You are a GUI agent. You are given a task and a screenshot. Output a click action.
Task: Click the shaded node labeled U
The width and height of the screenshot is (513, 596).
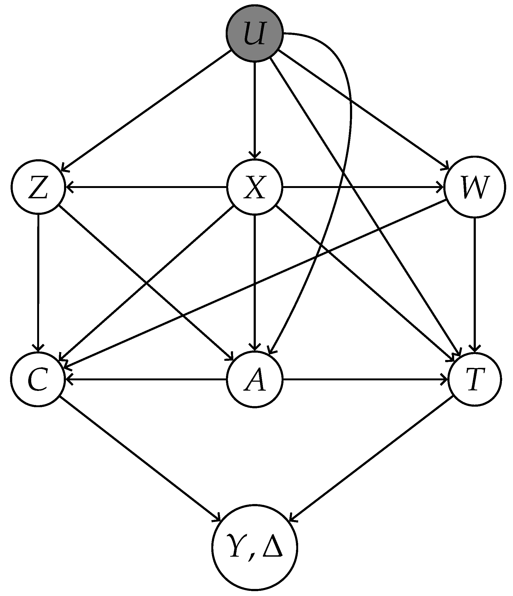coord(255,33)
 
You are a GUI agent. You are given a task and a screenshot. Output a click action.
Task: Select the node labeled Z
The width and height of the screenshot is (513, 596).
coord(38,187)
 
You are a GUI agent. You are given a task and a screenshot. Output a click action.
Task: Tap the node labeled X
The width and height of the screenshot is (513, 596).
coord(255,187)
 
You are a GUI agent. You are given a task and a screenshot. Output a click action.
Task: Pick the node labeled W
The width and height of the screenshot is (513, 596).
coord(474,187)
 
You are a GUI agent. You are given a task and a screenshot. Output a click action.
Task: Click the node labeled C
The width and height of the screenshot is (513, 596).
coord(38,379)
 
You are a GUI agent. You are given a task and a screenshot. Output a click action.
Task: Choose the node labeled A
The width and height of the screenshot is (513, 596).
coord(255,379)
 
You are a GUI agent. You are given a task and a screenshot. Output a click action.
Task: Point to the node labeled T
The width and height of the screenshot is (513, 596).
coord(474,379)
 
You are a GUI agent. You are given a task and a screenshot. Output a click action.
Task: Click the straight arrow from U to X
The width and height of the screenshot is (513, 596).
coord(255,109)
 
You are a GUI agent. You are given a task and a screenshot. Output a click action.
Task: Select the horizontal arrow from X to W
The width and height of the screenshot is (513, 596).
coord(362,187)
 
